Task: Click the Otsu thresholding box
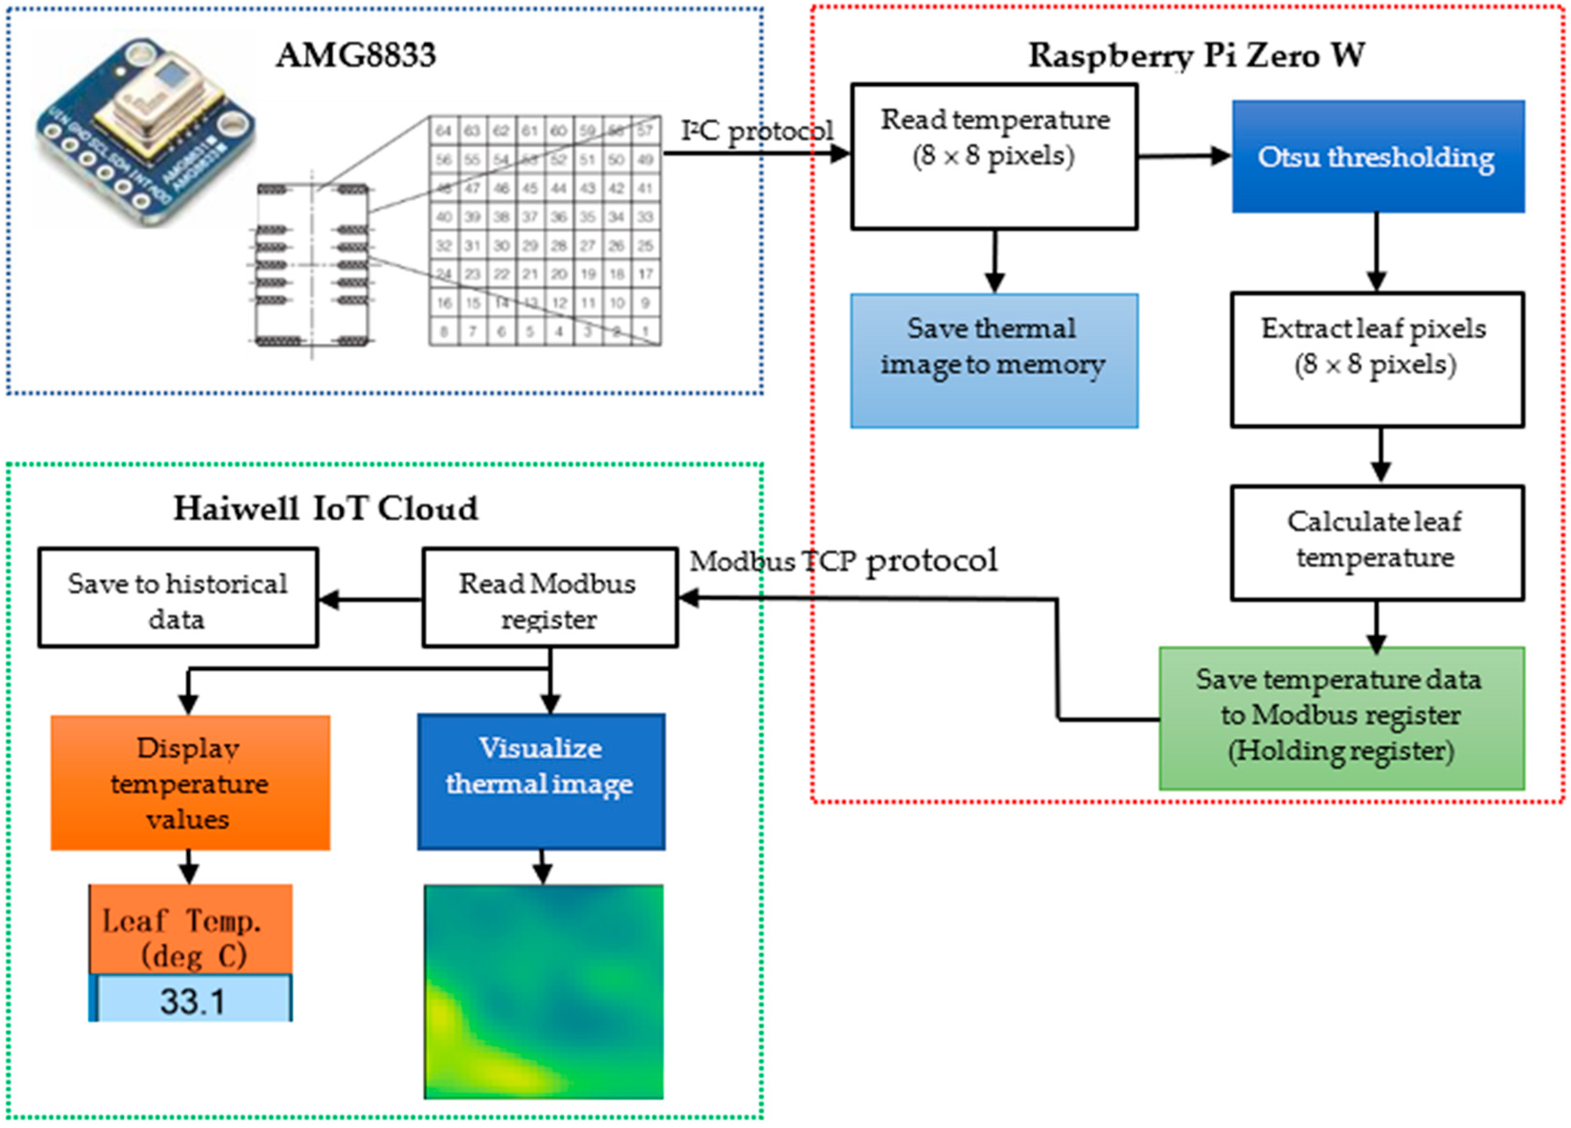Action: coord(1377,157)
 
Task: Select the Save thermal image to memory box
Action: coord(993,361)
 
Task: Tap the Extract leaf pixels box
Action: coord(1376,359)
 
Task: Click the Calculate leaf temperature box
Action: coord(1376,542)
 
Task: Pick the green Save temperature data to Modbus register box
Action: coord(1341,718)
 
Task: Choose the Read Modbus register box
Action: coord(550,598)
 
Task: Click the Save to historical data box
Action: coord(178,598)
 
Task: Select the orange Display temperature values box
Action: coord(190,783)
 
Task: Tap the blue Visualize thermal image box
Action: coord(541,781)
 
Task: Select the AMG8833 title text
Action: coord(356,55)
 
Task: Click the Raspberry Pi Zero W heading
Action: coord(1196,55)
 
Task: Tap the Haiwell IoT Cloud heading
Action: coord(325,508)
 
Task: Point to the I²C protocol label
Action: coord(756,130)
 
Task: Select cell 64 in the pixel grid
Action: coord(443,130)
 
